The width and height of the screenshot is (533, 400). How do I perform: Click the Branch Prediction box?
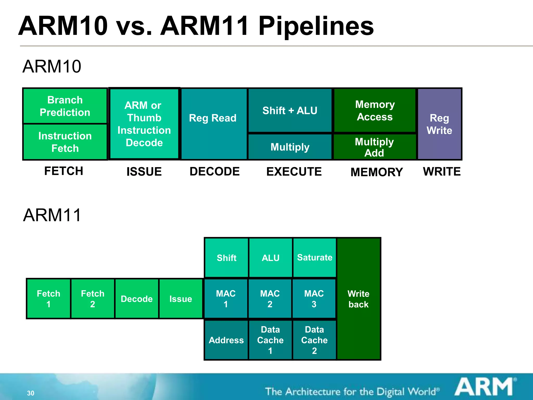pos(65,106)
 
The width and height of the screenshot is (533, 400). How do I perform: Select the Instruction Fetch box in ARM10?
pos(65,142)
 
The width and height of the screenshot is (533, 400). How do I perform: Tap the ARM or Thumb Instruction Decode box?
pos(144,124)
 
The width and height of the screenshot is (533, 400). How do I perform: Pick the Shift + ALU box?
pos(290,111)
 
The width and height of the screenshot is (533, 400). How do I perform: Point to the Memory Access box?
pos(375,111)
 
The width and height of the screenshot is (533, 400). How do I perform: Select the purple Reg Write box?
pos(440,124)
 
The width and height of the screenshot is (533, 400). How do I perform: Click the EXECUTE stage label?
pos(294,172)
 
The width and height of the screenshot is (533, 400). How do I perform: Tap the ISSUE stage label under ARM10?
pos(144,172)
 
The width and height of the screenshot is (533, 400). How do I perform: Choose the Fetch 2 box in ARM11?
pos(93,299)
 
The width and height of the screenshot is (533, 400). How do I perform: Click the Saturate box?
pos(315,258)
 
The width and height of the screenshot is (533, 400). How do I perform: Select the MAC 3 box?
pos(314,299)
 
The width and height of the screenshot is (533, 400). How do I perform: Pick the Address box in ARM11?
pos(226,340)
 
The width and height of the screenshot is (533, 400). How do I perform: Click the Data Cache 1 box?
pos(270,340)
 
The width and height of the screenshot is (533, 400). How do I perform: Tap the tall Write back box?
pos(359,299)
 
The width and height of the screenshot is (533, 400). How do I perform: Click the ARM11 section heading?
pos(52,215)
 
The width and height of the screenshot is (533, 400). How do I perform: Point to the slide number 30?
pos(31,393)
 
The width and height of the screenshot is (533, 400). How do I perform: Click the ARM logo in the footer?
pos(485,387)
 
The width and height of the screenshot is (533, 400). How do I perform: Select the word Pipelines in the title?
pos(316,26)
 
